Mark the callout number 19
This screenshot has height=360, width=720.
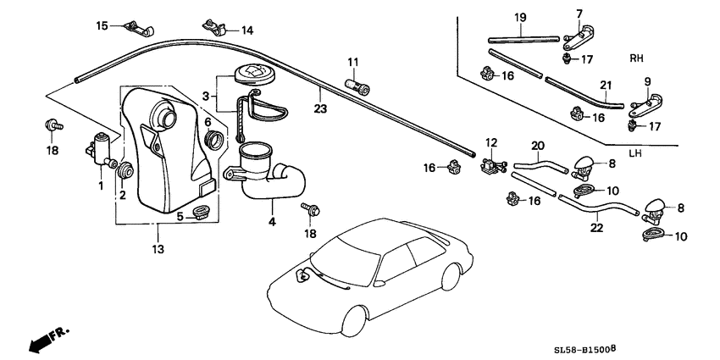coord(519,18)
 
